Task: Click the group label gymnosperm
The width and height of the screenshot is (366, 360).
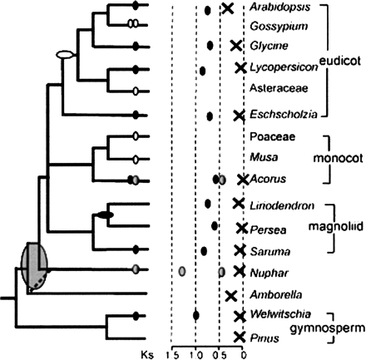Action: pyautogui.click(x=333, y=328)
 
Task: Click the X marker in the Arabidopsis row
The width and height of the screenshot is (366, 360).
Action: pyautogui.click(x=226, y=8)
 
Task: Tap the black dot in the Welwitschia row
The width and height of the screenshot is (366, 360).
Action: pyautogui.click(x=195, y=314)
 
